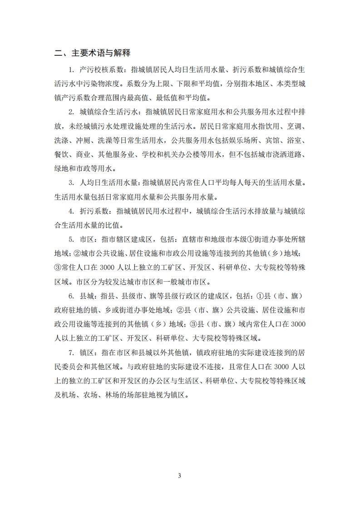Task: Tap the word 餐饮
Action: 61,155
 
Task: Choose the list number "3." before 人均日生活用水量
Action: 71,183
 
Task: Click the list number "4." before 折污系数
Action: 71,211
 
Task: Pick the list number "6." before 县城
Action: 71,296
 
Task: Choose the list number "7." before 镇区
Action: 71,352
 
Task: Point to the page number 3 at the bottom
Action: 180,476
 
